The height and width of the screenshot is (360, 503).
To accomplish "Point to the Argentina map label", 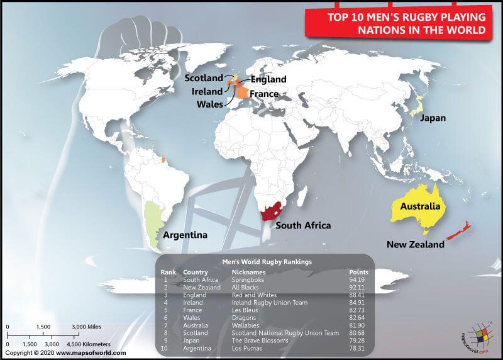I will coord(185,235).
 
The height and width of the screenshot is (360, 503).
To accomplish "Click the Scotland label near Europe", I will coord(203,78).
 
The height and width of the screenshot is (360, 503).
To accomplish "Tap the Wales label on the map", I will coord(210,104).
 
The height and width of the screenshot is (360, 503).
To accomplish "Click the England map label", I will coord(268,79).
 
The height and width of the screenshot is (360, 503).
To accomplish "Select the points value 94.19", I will coord(358,279).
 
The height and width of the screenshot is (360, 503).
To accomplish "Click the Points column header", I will coord(358,272).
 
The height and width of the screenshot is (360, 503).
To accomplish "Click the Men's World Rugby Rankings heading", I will coord(267,261).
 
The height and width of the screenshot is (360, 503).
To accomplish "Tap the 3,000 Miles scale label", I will coord(86,327).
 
